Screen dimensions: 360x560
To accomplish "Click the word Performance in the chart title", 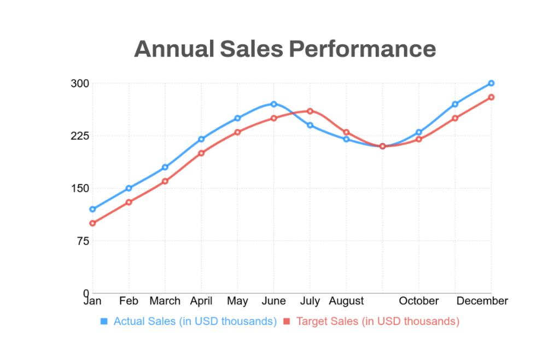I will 362,49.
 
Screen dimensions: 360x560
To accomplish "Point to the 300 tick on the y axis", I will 79,84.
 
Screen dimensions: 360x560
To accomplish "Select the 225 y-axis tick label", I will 79,136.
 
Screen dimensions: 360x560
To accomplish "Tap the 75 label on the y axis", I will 82,241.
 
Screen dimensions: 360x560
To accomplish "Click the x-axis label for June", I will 273,301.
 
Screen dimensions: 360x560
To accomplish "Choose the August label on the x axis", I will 346,301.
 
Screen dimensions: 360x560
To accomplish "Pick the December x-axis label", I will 482,301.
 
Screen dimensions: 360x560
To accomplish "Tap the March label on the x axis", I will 165,301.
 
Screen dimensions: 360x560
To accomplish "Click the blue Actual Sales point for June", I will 273,104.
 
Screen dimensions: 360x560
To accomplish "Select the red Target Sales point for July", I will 310,111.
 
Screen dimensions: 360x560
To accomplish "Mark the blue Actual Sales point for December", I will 491,83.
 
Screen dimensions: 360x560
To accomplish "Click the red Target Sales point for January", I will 92,223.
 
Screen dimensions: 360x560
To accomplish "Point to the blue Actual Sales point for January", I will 92,209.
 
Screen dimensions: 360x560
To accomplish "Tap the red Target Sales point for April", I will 201,153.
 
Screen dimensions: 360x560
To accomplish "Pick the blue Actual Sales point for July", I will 310,125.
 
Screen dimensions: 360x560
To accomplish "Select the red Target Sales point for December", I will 491,97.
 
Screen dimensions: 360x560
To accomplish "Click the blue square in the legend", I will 104,321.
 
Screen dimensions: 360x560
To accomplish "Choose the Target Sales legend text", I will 377,321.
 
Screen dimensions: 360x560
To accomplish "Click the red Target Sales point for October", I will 419,140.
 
